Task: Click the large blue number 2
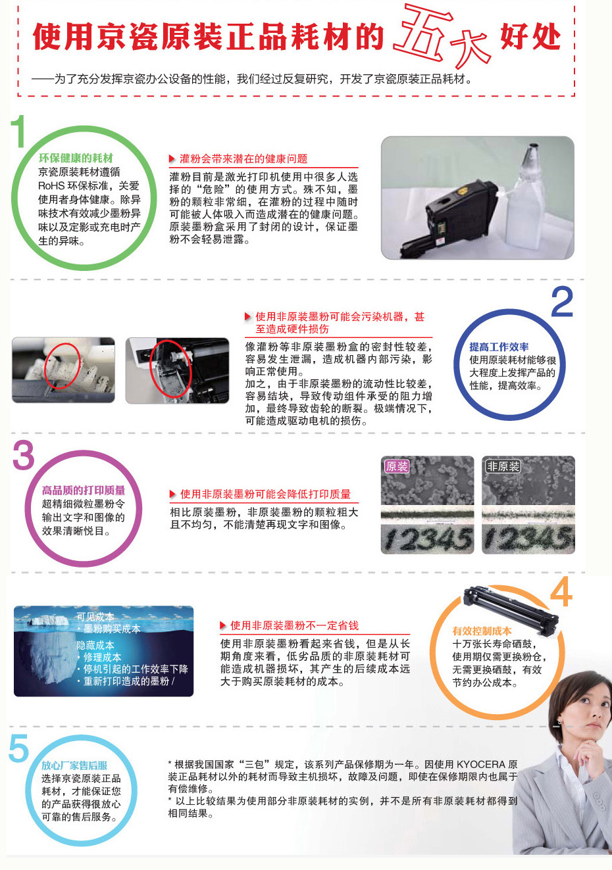(x=562, y=301)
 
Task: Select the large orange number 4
(x=561, y=592)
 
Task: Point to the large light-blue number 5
(x=18, y=748)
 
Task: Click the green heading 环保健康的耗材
(x=76, y=158)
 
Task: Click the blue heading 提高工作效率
(x=499, y=347)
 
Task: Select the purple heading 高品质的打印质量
(x=84, y=490)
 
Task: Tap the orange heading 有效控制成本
(x=482, y=631)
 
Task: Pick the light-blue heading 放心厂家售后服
(x=74, y=765)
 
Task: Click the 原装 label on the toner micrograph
(x=397, y=466)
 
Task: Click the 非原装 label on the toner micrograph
(x=503, y=466)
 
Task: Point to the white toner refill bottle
(x=526, y=198)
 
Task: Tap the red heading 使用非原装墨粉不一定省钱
(x=294, y=625)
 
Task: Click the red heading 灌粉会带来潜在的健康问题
(x=243, y=158)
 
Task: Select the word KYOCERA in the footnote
(x=480, y=764)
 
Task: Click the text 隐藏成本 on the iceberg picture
(x=95, y=645)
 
